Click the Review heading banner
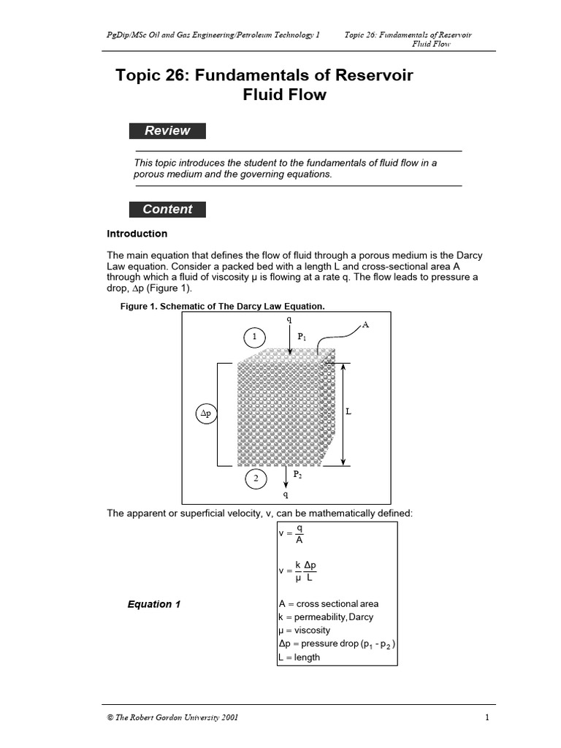(167, 131)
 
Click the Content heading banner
(167, 209)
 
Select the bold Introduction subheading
(137, 234)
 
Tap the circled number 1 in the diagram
(255, 337)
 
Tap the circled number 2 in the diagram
(256, 479)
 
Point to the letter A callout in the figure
(365, 325)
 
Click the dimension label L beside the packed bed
(348, 411)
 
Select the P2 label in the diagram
(298, 475)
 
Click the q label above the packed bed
(289, 320)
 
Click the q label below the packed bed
(286, 495)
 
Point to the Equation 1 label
(154, 604)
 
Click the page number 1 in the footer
(486, 717)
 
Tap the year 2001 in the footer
(227, 717)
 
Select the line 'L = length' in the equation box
(299, 657)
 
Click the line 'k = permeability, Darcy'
(326, 617)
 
